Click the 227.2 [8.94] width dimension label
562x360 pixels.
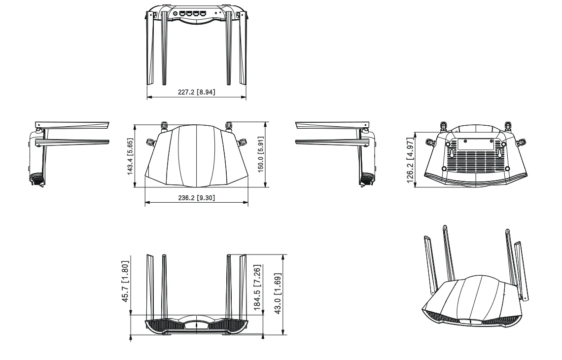(x=196, y=91)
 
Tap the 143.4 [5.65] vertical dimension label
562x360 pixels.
(x=130, y=156)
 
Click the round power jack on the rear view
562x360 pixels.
(x=176, y=14)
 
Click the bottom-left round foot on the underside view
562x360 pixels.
(x=445, y=169)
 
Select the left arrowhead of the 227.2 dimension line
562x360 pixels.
(x=149, y=97)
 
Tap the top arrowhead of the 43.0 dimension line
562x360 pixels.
(x=283, y=256)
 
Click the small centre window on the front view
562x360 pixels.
(x=196, y=325)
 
